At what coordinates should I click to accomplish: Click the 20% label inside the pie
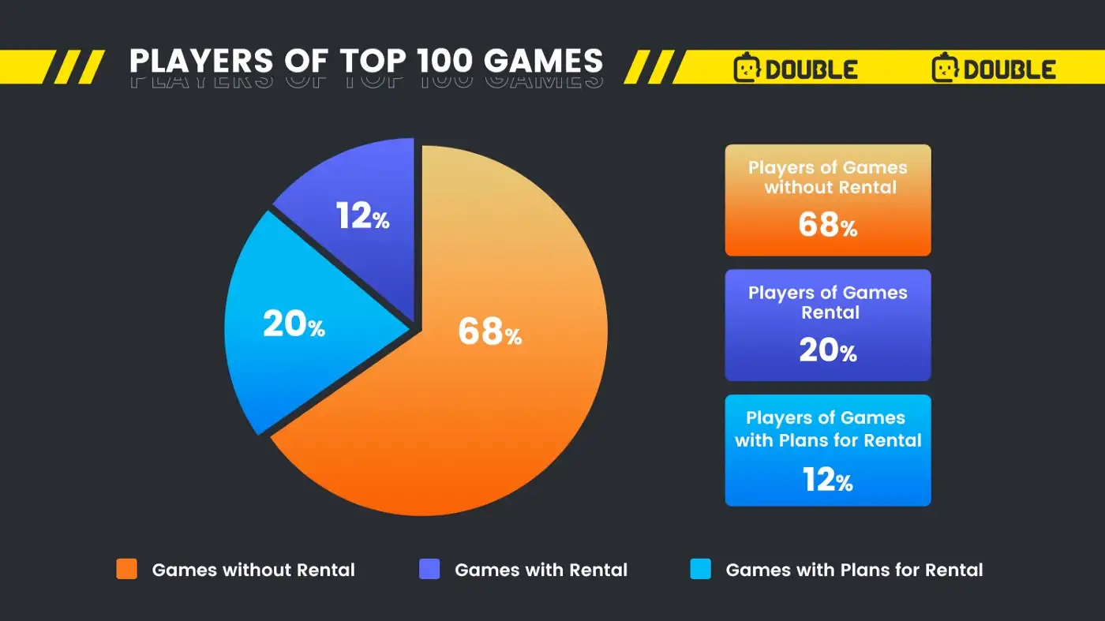[x=294, y=324]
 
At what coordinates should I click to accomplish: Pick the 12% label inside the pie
[x=362, y=215]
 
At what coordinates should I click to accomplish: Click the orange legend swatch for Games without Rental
[x=126, y=569]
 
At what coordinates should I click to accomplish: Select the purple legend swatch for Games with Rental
[x=429, y=569]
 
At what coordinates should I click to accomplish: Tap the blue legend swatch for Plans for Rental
[x=700, y=569]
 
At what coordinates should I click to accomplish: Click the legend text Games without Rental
[x=253, y=570]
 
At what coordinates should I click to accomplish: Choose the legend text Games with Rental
[x=541, y=570]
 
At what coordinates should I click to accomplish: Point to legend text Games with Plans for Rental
[x=854, y=570]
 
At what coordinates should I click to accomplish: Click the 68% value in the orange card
[x=827, y=225]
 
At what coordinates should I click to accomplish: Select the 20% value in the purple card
[x=827, y=350]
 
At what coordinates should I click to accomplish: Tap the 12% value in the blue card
[x=827, y=479]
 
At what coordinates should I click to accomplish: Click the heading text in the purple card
[x=828, y=302]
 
